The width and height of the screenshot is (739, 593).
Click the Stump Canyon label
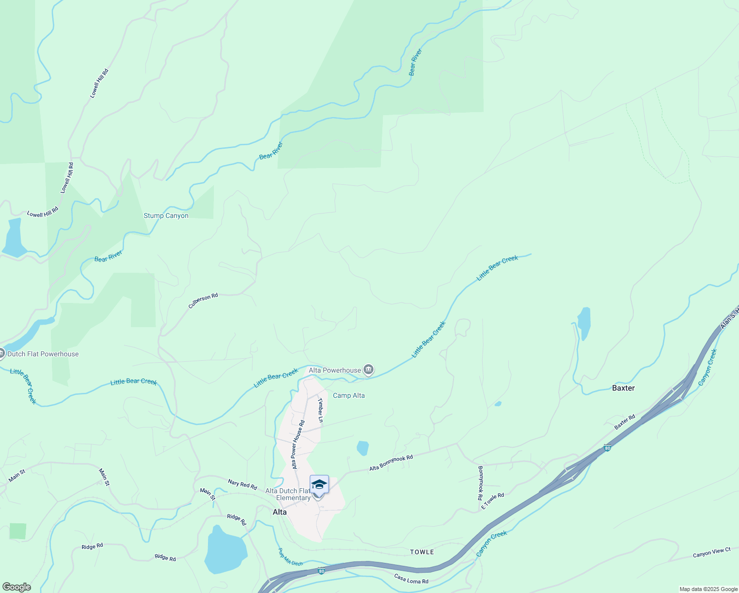click(x=166, y=216)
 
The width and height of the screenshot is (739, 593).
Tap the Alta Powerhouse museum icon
click(x=369, y=370)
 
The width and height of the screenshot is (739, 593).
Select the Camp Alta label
click(x=349, y=395)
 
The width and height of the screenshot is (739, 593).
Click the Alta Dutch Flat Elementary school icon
click(x=319, y=484)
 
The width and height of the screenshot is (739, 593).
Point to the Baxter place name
click(x=623, y=388)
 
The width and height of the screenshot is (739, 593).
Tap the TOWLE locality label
click(x=422, y=552)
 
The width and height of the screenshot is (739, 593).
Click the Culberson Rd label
click(x=203, y=301)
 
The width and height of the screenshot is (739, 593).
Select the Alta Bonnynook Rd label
click(x=391, y=463)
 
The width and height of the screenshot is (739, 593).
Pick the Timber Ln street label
click(x=321, y=410)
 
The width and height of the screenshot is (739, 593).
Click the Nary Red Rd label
click(x=243, y=484)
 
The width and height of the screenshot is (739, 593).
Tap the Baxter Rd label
click(x=625, y=422)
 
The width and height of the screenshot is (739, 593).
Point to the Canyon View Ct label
click(x=711, y=553)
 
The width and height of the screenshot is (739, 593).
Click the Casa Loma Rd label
click(x=411, y=579)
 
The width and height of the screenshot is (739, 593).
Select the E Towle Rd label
click(x=493, y=501)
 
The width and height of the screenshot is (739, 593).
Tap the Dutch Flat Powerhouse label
click(x=43, y=354)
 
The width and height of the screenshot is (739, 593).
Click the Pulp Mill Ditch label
click(x=290, y=557)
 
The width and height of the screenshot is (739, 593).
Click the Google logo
click(x=16, y=587)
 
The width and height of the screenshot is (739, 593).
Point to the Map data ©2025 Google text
click(x=708, y=589)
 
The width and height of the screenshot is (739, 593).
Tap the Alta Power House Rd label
click(x=298, y=445)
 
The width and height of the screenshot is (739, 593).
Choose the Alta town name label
click(x=280, y=512)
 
